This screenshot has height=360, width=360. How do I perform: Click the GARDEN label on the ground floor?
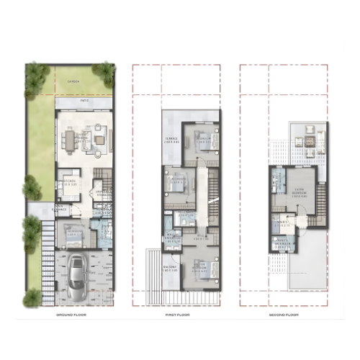[73, 82]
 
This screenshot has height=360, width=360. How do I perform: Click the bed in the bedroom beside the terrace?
[202, 138]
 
